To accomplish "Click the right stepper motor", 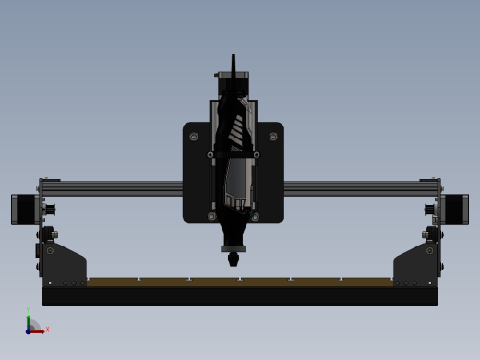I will [455, 209].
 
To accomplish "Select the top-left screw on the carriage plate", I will [194, 137].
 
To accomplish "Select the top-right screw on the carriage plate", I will [272, 137].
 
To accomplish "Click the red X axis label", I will [47, 329].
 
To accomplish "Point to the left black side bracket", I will [65, 266].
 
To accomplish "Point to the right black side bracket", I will [415, 266].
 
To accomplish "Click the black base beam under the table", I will [240, 295].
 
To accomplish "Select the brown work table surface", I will [240, 282].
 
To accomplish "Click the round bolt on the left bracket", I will [50, 250].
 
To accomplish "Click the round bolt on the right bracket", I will [430, 250].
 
